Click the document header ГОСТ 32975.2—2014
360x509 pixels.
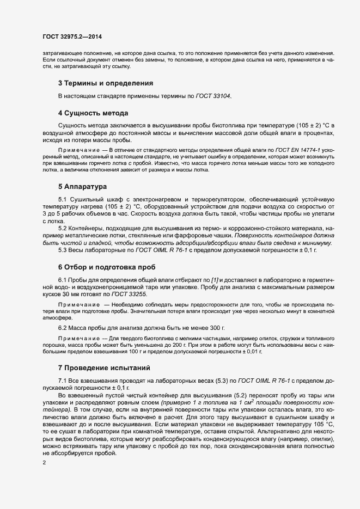pyautogui.click(x=72, y=36)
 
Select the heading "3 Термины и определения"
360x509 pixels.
pyautogui.click(x=105, y=83)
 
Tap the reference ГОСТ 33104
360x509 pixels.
pyautogui.click(x=212, y=96)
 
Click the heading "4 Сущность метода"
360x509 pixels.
pyautogui.click(x=93, y=113)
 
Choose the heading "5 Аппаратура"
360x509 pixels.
pyautogui.click(x=82, y=187)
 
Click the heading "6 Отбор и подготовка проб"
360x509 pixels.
pyautogui.click(x=107, y=268)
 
